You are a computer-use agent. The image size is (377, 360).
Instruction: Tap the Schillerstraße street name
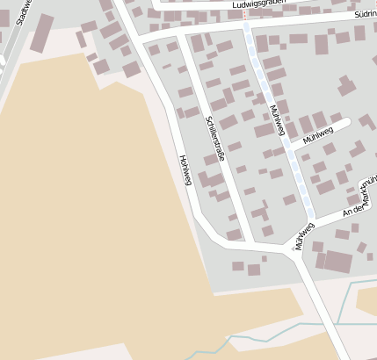coord(215,139)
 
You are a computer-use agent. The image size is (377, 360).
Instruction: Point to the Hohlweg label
coord(185,170)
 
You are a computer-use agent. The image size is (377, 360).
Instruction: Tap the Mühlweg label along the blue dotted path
coord(279,120)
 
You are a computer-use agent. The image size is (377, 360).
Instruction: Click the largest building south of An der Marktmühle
coord(337,262)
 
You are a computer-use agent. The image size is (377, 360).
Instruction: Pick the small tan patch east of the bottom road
coord(367,301)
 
